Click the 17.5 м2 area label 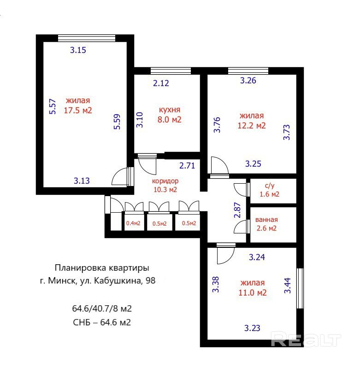click(x=78, y=110)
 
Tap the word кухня click(x=170, y=110)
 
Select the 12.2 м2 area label click(x=252, y=126)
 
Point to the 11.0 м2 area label click(x=253, y=293)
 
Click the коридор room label click(x=165, y=181)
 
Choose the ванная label click(x=266, y=220)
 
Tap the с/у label click(x=270, y=186)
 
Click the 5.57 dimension click(x=53, y=107)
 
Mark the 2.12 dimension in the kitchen click(x=161, y=83)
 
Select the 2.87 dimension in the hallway click(x=237, y=210)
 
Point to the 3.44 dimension click(x=287, y=285)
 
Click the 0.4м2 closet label click(x=133, y=223)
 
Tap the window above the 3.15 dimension click(x=87, y=38)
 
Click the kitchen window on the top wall click(x=171, y=71)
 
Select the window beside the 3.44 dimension click(x=300, y=289)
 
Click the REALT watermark click(x=306, y=339)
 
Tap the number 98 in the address click(x=151, y=280)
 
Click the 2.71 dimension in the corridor click(x=187, y=166)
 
